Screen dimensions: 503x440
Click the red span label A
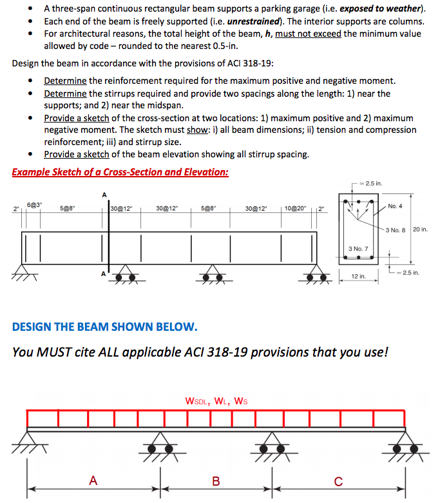coord(93,480)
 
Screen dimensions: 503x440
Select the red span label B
coord(216,480)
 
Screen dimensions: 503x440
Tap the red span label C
coord(338,480)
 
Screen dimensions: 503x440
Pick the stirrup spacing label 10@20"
coord(296,208)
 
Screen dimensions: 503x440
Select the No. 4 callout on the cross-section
coord(396,206)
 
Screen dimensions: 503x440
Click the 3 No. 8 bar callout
coord(397,230)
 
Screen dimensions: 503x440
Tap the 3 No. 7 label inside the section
coord(358,248)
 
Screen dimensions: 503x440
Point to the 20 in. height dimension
coord(420,230)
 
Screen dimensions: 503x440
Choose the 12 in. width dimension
coord(358,276)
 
